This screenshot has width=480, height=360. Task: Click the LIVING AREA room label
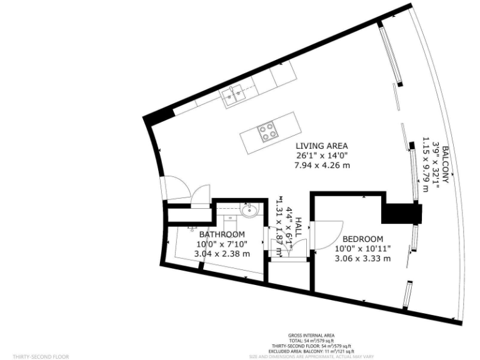tap(321, 145)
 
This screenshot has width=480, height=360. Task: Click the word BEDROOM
tap(362, 239)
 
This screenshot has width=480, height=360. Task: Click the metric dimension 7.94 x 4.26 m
tap(321, 165)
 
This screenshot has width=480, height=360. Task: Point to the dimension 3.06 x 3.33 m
tap(362, 258)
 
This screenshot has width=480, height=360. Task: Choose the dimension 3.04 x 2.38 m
tap(223, 254)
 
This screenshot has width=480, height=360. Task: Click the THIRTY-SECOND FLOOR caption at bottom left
tap(41, 356)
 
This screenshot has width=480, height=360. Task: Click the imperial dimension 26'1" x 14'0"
tap(321, 155)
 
